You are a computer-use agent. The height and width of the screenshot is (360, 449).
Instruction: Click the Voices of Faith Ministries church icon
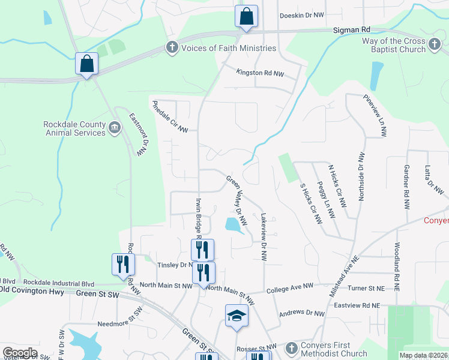[172, 48]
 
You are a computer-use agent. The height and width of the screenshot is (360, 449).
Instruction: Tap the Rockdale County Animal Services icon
[115, 128]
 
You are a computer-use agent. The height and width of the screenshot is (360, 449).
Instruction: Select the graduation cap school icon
[237, 316]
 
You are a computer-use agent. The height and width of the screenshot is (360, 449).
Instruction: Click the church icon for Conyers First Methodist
[291, 348]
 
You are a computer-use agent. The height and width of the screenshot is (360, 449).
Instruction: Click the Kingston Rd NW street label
[258, 73]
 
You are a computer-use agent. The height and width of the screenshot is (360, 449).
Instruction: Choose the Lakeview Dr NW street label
[263, 236]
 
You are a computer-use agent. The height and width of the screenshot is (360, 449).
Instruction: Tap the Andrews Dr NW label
[302, 313]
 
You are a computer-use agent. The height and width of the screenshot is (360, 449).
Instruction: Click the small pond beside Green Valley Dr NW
[232, 225]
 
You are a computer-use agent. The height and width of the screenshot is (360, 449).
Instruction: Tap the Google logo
[20, 353]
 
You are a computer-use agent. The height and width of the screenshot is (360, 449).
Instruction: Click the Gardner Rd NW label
[406, 187]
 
